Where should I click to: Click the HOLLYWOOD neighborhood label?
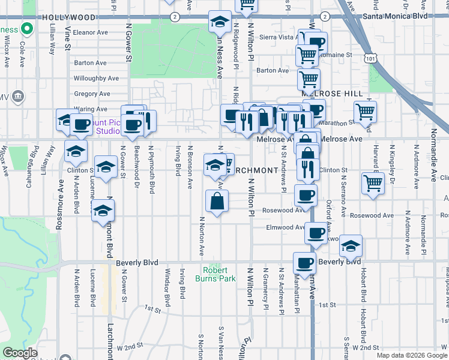point(70,17)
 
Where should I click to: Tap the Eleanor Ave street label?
point(89,32)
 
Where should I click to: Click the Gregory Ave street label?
point(92,94)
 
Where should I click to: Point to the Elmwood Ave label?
point(286,227)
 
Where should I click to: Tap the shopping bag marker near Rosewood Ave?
point(217,202)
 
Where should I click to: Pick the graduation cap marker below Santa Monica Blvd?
point(220,22)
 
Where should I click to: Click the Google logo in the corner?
point(20,353)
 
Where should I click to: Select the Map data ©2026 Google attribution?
point(412,355)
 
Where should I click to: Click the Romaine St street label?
point(338,55)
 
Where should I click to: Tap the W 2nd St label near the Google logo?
point(130,347)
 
